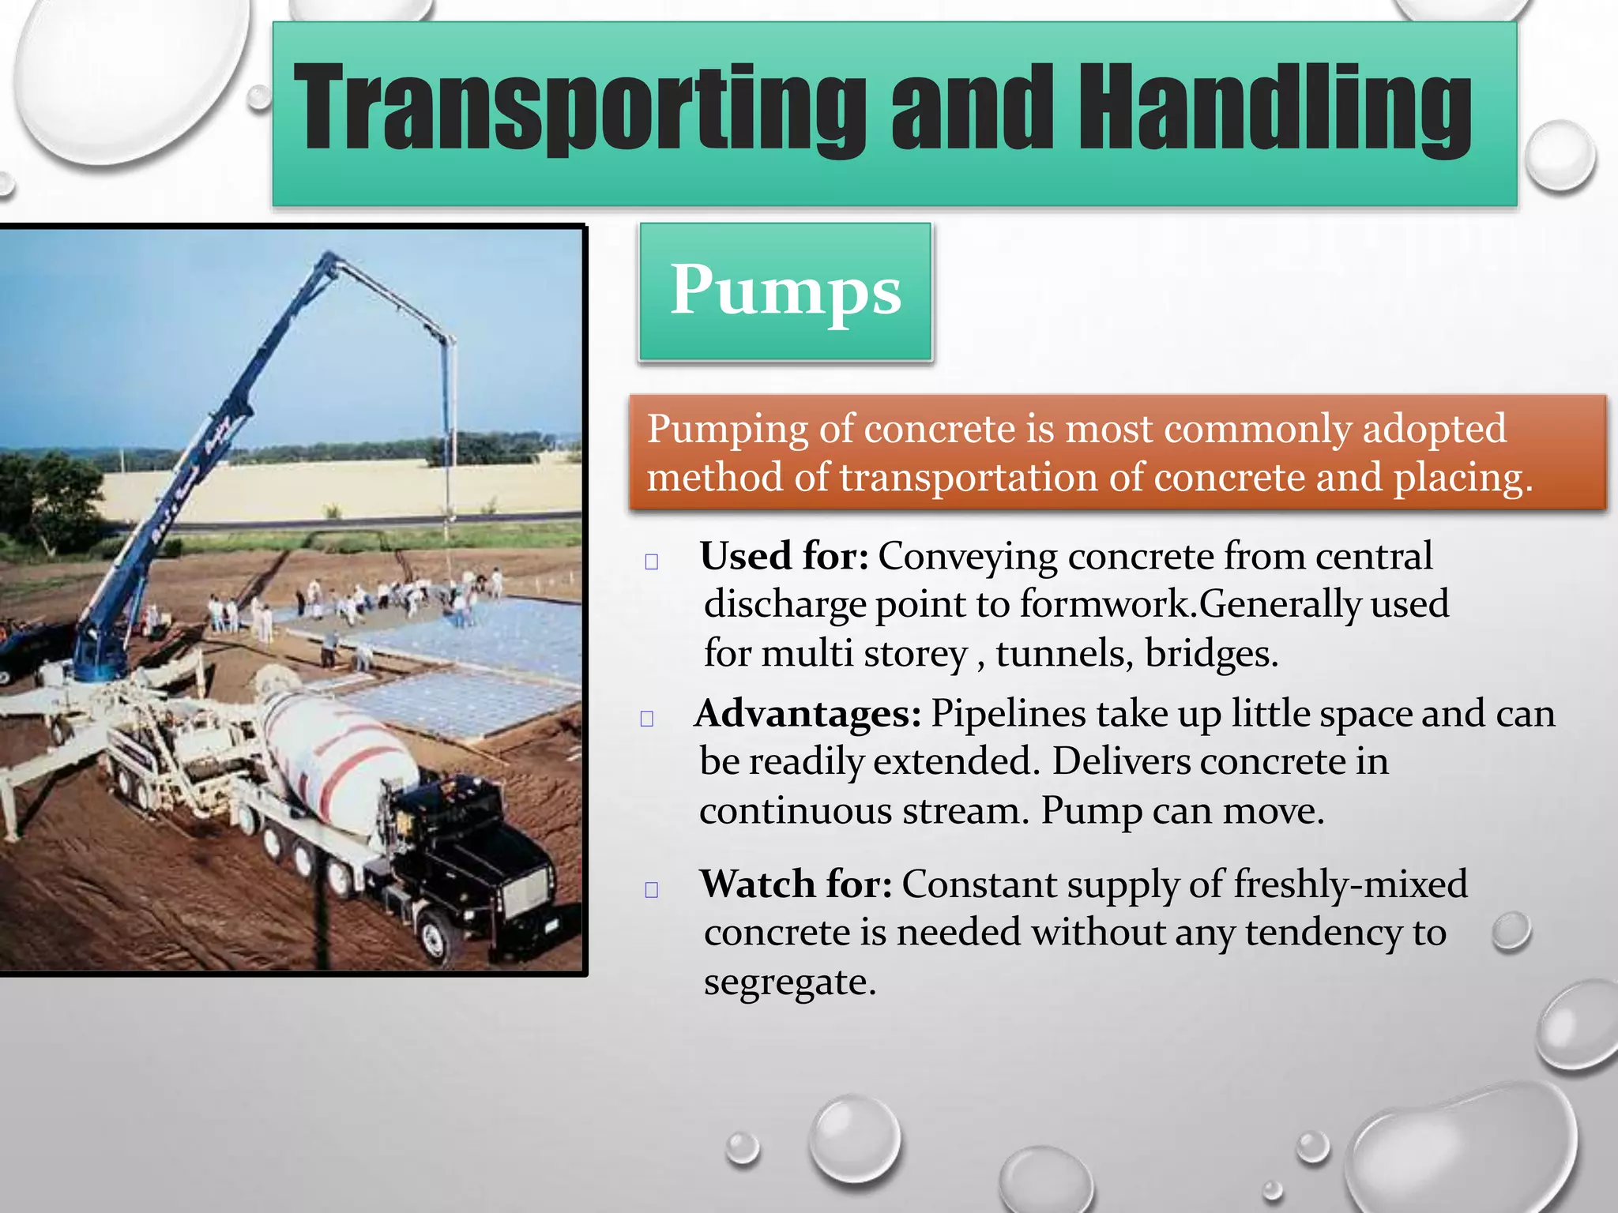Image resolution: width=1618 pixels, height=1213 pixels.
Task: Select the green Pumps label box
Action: [x=785, y=291]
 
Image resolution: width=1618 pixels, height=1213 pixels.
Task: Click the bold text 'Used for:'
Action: [x=784, y=555]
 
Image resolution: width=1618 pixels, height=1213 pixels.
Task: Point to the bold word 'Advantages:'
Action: [x=807, y=713]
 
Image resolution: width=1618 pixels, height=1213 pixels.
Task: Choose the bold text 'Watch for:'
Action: [x=796, y=884]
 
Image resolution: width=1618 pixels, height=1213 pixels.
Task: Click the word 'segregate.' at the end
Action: [x=790, y=982]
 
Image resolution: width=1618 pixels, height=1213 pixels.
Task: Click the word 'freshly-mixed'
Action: [x=1350, y=884]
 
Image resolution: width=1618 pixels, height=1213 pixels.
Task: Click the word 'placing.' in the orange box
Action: [x=1462, y=478]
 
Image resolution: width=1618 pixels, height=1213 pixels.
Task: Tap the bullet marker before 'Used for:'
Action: [x=652, y=562]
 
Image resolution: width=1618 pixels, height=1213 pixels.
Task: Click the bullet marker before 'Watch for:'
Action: [x=652, y=890]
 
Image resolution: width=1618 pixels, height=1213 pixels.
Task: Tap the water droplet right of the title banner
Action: [x=1560, y=156]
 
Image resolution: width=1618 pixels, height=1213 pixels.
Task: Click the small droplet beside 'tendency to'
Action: [x=1511, y=931]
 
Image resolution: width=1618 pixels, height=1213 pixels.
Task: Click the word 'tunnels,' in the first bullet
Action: [x=1063, y=654]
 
